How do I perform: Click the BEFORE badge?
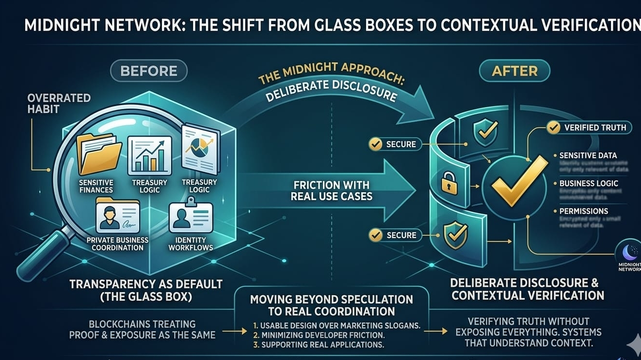pyautogui.click(x=148, y=71)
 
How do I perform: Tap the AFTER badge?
pyautogui.click(x=514, y=71)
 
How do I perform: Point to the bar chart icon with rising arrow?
pyautogui.click(x=149, y=155)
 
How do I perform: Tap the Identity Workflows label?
pyautogui.click(x=191, y=244)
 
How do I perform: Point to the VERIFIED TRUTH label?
pyautogui.click(x=595, y=128)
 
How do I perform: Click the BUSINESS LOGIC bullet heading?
pyautogui.click(x=589, y=184)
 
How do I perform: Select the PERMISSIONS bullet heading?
pyautogui.click(x=583, y=211)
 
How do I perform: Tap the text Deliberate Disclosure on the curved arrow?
pyautogui.click(x=332, y=91)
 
